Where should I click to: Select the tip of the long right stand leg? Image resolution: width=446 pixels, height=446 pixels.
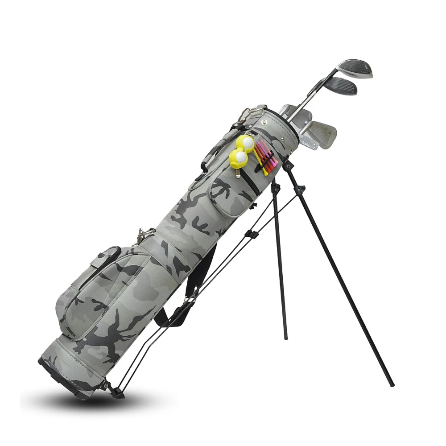[392, 384]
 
